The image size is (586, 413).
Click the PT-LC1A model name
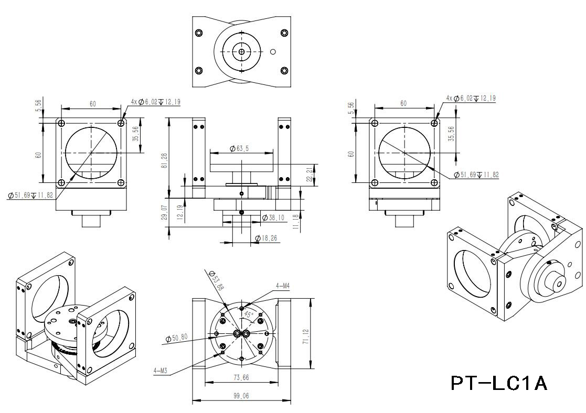tap(499, 383)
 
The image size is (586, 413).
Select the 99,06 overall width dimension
tap(241, 397)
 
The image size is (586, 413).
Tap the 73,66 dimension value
tap(241, 377)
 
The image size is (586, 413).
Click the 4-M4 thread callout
tap(283, 286)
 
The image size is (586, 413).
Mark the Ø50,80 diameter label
tap(176, 338)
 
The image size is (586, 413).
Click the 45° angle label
tap(248, 314)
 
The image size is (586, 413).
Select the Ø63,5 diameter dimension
tap(239, 149)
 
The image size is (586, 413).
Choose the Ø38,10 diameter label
tap(272, 218)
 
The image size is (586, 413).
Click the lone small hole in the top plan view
tap(272, 51)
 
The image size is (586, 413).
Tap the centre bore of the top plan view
tap(241, 51)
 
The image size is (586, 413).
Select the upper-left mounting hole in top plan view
tap(198, 32)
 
